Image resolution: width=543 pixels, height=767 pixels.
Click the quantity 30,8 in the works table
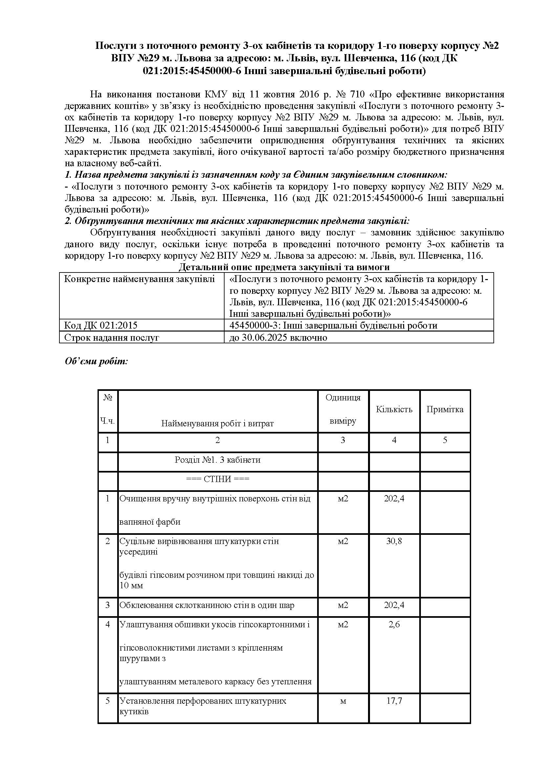pos(394,541)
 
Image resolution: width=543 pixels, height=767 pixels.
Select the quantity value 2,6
pos(394,624)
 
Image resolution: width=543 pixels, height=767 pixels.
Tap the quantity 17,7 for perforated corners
pos(394,701)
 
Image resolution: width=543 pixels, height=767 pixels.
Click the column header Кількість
pos(394,410)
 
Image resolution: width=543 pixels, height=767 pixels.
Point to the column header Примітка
pos(445,410)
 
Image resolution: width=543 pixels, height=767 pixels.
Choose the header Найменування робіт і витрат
pos(217,424)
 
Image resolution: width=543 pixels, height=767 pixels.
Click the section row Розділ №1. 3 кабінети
pos(217,460)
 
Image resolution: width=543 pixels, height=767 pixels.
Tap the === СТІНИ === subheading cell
pos(217,479)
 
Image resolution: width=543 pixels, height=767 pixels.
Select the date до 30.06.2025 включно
pos(278,337)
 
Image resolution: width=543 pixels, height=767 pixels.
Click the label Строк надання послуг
pos(111,337)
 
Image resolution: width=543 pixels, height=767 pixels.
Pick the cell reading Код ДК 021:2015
pos(101,325)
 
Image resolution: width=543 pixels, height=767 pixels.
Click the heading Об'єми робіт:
pos(96,362)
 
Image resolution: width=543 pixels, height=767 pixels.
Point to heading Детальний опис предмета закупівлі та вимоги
pos(284,267)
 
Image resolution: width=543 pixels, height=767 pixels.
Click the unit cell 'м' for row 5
pos(343,701)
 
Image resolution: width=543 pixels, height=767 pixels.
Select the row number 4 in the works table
pos(107,624)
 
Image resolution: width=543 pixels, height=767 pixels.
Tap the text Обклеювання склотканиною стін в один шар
pos(207,605)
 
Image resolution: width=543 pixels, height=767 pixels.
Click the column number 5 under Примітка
pos(445,440)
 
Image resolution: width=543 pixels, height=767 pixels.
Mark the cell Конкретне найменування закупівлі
pos(140,279)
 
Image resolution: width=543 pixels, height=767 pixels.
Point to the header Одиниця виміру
pos(343,410)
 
